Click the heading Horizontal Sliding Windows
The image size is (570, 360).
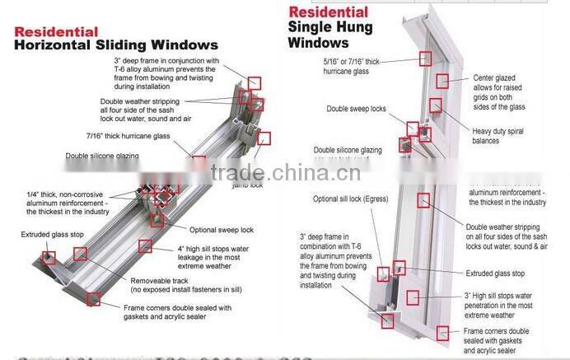pos(116,44)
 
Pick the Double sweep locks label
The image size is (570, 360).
pos(356,109)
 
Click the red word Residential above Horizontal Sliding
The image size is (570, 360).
pos(58,32)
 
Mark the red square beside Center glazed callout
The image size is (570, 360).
pos(442,80)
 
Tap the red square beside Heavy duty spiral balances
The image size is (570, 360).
pos(436,105)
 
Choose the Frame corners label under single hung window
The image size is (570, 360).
pos(507,339)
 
